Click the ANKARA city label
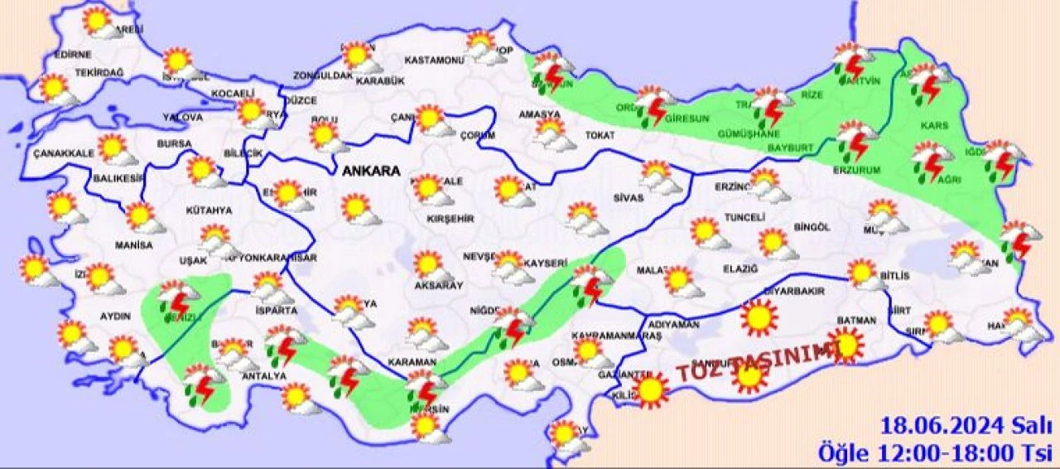(x=370, y=172)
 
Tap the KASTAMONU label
(x=433, y=60)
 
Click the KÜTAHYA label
(x=209, y=210)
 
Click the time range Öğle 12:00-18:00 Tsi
(x=934, y=453)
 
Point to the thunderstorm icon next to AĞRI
(x=932, y=161)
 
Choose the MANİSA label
(x=134, y=245)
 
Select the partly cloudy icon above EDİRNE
(x=100, y=22)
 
